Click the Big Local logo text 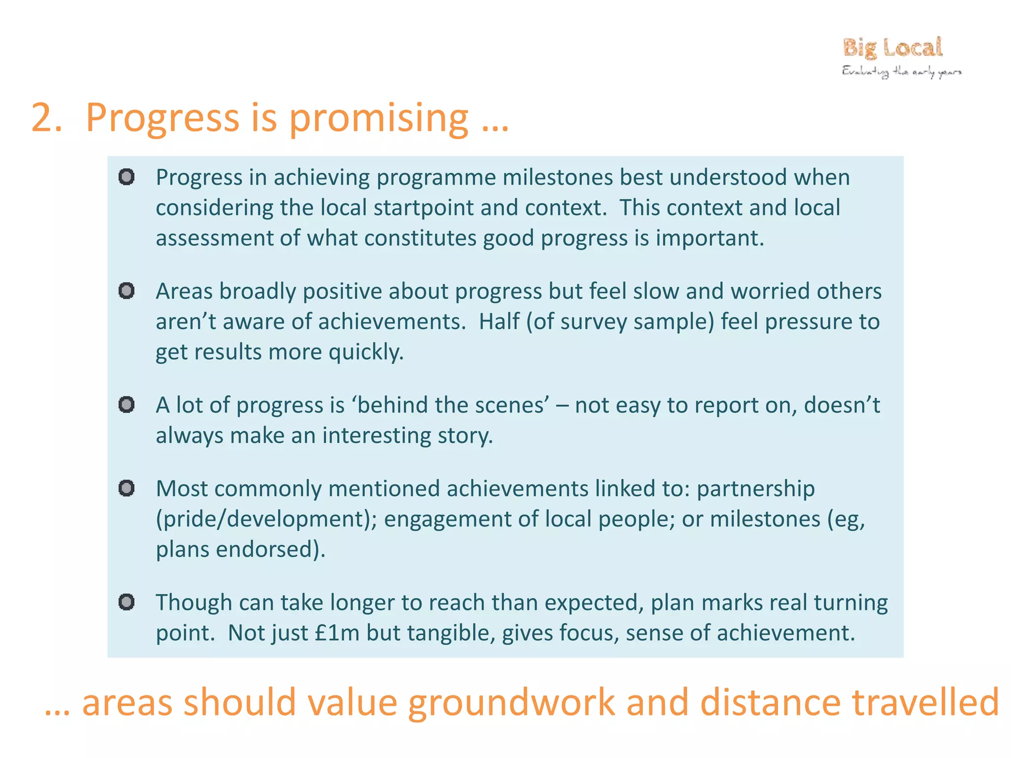(x=893, y=48)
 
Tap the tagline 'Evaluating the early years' (x=901, y=72)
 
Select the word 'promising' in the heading (x=378, y=118)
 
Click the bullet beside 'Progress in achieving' (x=127, y=177)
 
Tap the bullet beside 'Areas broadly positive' (x=127, y=291)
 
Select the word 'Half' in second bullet (x=499, y=321)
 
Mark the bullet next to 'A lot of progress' (x=127, y=405)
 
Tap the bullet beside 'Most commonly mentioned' (x=127, y=488)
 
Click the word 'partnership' (x=755, y=489)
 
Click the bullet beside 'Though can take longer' (x=127, y=602)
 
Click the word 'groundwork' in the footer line (x=511, y=703)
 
